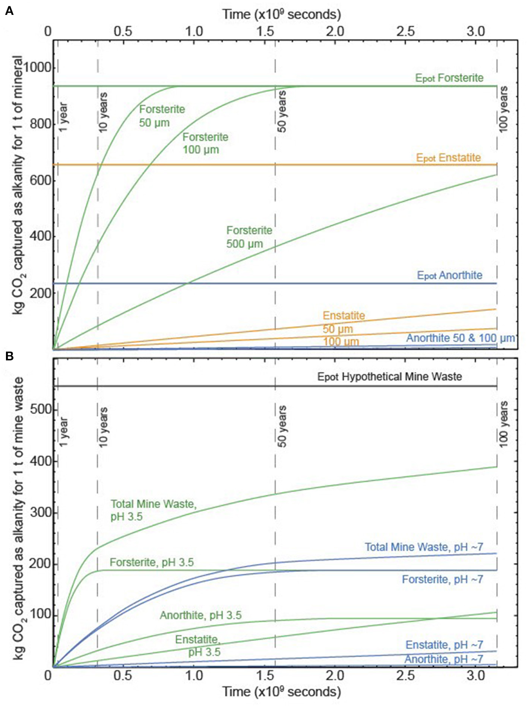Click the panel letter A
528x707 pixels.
[9, 11]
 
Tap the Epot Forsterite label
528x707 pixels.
[449, 78]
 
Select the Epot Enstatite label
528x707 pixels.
[448, 157]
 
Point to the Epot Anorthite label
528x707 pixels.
[449, 275]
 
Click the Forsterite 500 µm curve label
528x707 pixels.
[249, 237]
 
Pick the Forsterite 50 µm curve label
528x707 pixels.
[162, 116]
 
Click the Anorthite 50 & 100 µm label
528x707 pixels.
[460, 338]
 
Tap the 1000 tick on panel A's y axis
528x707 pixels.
[37, 68]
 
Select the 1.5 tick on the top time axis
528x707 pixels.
[265, 31]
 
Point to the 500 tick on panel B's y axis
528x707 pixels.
[40, 409]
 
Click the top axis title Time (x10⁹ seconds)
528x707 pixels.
[281, 15]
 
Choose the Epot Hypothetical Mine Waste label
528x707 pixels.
[389, 376]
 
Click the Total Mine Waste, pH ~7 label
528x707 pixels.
[424, 547]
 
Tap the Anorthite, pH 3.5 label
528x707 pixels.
[200, 615]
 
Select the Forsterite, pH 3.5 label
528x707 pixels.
[152, 562]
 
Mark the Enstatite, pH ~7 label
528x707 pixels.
[444, 644]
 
